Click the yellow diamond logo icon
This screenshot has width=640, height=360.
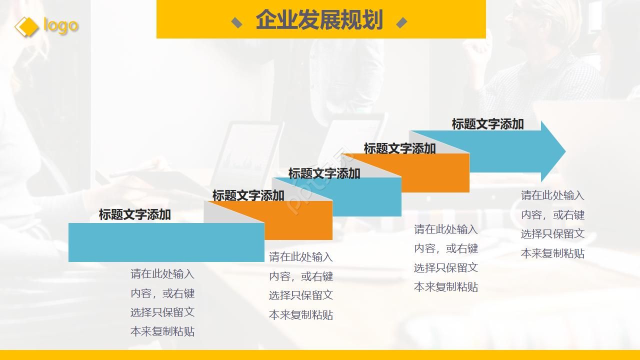coord(26,26)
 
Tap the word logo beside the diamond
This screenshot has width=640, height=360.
coord(60,25)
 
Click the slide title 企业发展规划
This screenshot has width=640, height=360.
coord(319,20)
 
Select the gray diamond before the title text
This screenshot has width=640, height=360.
coord(236,22)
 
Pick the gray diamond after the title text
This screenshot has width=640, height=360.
coord(401,22)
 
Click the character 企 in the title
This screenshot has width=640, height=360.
coord(265,20)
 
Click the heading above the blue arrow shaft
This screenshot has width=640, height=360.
coord(487,124)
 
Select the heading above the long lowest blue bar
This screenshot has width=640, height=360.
coord(134,214)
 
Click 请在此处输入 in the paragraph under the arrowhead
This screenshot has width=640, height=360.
coord(552,195)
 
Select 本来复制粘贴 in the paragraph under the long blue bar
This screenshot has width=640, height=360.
coord(162,331)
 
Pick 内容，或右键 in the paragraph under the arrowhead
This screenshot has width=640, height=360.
coord(552,215)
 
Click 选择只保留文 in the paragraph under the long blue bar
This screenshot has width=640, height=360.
coord(162,312)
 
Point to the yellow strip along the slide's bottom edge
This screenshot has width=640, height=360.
coord(320,355)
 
